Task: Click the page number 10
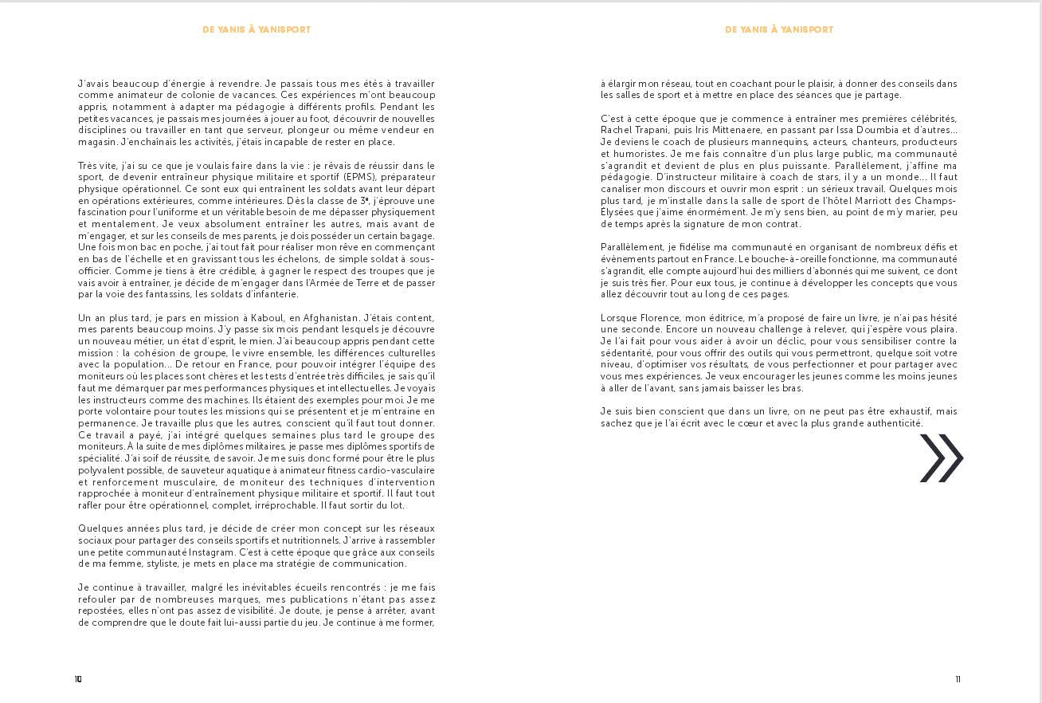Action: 78,679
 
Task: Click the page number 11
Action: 958,679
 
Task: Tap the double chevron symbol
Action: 942,458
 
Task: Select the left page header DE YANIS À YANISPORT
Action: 257,29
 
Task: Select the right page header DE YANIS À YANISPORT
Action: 779,29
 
